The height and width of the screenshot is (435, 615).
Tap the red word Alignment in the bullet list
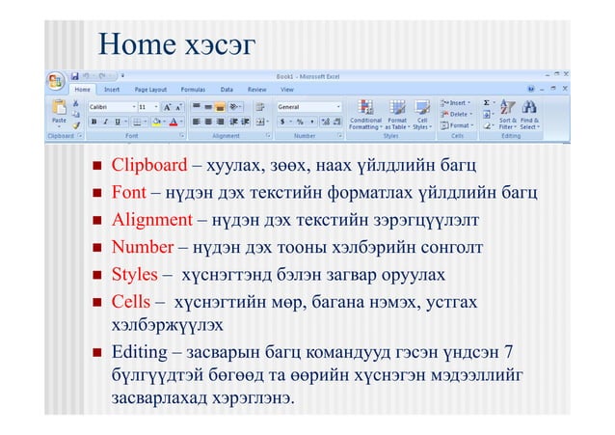pos(151,220)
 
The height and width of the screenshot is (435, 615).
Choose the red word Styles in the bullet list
pos(134,275)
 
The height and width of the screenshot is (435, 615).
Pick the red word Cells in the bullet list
pos(131,303)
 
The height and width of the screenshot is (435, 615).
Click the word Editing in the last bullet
pos(139,351)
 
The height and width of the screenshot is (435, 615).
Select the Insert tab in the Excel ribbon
pos(113,89)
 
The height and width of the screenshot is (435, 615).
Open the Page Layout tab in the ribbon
pos(150,89)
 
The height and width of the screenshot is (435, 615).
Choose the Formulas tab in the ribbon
pos(193,89)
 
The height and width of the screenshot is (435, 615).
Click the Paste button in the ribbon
pos(58,114)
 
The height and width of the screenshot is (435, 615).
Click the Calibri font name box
pos(107,107)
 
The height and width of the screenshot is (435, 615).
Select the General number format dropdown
pos(308,107)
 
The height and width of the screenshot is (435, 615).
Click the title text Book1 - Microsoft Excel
pos(304,74)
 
